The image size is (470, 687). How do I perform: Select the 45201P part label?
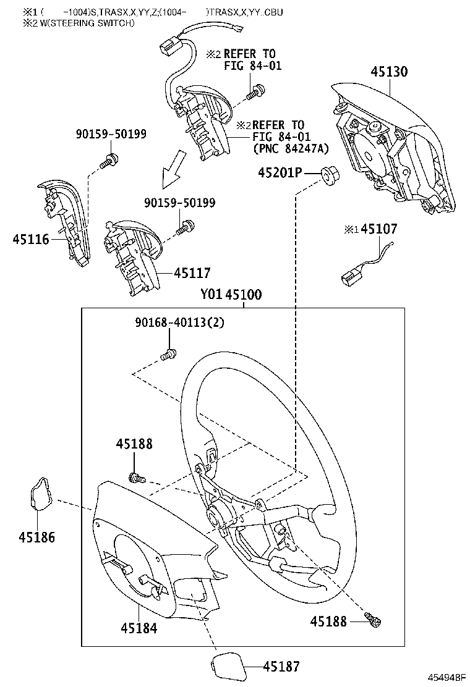pyautogui.click(x=280, y=174)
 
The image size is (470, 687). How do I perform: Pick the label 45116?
pyautogui.click(x=30, y=238)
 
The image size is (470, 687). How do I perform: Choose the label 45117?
pyautogui.click(x=192, y=272)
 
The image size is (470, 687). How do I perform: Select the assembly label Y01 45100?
pyautogui.click(x=231, y=295)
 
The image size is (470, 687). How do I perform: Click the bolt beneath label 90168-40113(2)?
pyautogui.click(x=168, y=354)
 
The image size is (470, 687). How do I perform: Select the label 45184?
pyautogui.click(x=139, y=628)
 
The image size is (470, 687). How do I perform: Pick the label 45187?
pyautogui.click(x=281, y=666)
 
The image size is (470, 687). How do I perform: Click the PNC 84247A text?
pyautogui.click(x=291, y=149)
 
